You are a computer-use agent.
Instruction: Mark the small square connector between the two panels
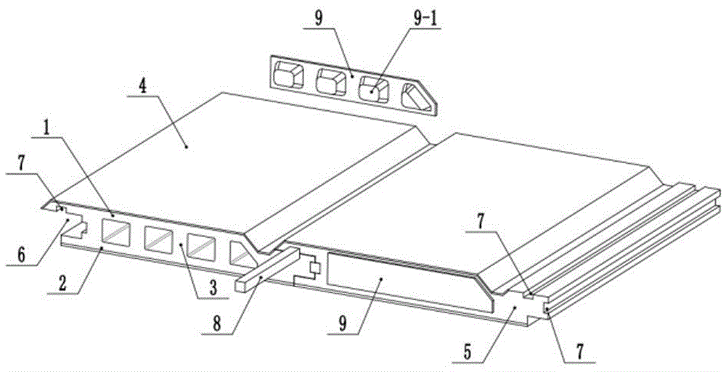coord(314,268)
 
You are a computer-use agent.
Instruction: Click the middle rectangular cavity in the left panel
coord(158,239)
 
